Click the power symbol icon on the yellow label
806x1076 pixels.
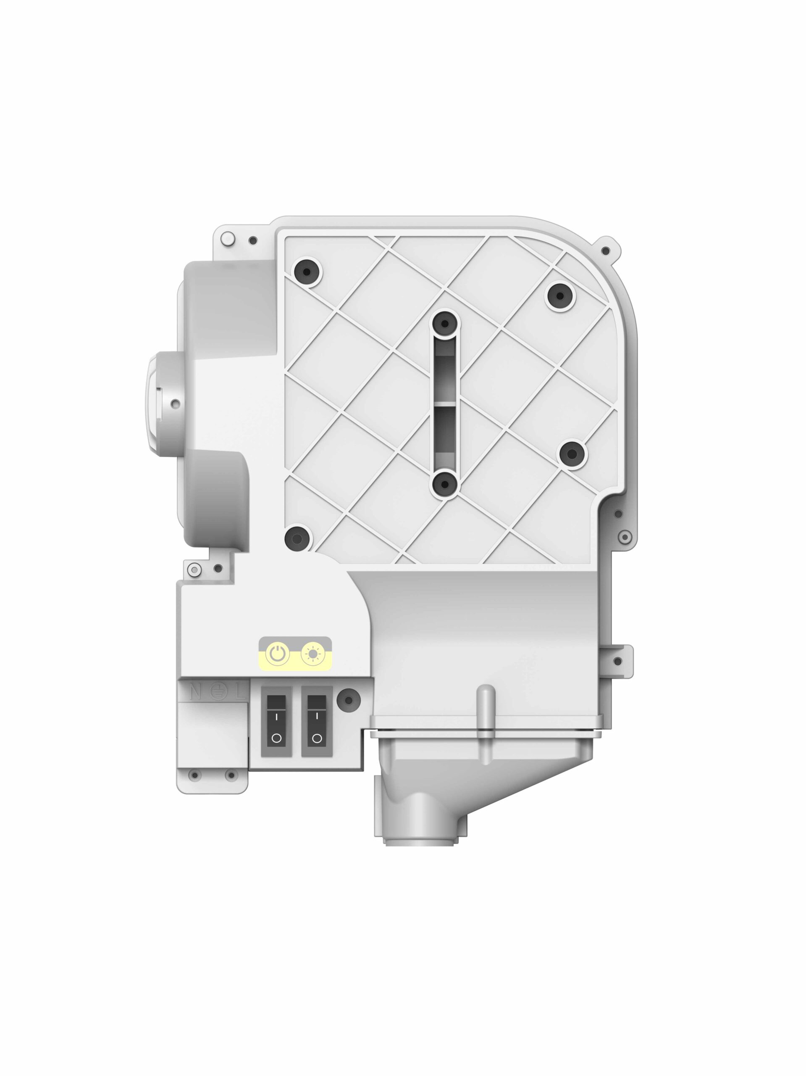pos(277,654)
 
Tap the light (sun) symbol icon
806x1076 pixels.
pos(312,654)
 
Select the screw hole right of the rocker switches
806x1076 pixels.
pos(348,701)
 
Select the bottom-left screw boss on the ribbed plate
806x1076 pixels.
pos(297,538)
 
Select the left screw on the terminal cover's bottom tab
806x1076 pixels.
pos(195,775)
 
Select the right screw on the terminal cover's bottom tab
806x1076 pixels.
pos(231,775)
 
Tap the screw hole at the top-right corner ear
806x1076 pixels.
pos(605,251)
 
